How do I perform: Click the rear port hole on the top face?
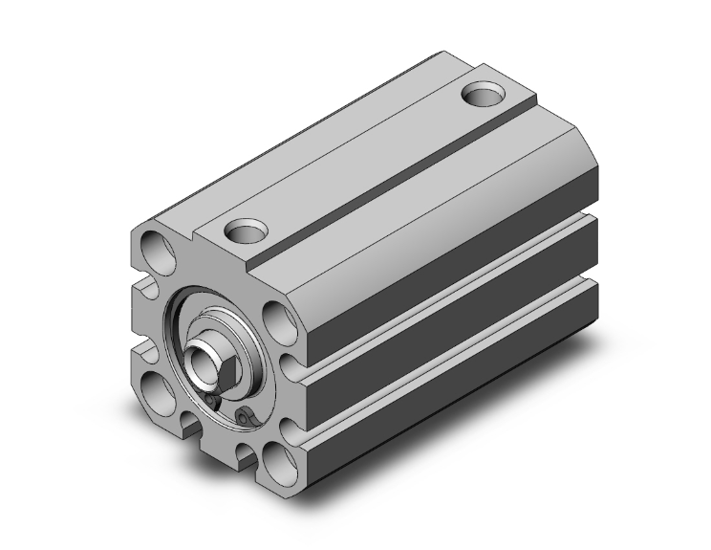[x=485, y=95]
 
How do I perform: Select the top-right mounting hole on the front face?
[x=276, y=319]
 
